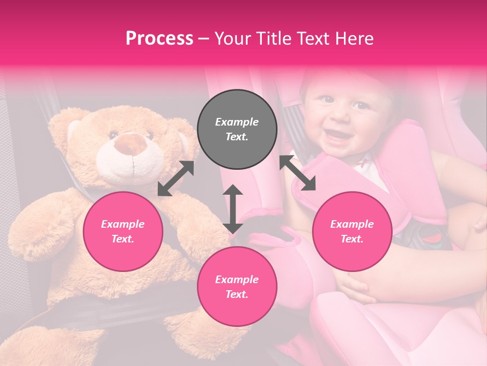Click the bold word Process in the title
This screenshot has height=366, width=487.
(159, 39)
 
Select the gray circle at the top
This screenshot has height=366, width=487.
(237, 130)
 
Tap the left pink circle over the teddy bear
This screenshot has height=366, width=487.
(123, 231)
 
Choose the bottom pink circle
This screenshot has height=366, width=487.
(237, 287)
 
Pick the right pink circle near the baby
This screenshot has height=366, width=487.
(352, 231)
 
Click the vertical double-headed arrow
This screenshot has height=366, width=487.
(233, 209)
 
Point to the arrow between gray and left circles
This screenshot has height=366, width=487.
(176, 178)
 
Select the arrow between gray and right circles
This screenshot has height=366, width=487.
(297, 173)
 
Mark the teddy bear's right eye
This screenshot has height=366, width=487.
(113, 135)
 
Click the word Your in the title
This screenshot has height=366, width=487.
(233, 39)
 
